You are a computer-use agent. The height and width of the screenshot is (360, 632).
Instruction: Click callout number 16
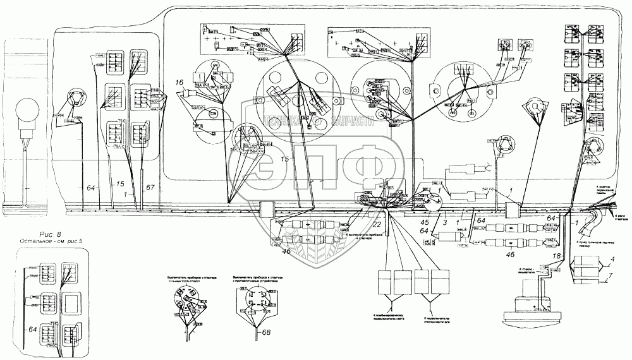tap(179, 83)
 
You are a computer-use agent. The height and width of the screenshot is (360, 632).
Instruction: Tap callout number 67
tap(150, 188)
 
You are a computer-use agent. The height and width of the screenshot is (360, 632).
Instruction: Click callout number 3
tap(445, 222)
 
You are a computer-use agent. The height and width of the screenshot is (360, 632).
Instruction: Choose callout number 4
tap(612, 260)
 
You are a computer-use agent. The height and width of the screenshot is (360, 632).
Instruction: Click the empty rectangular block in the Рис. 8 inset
tap(70, 304)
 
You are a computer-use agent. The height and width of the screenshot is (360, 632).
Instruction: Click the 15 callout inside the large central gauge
tap(286, 160)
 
